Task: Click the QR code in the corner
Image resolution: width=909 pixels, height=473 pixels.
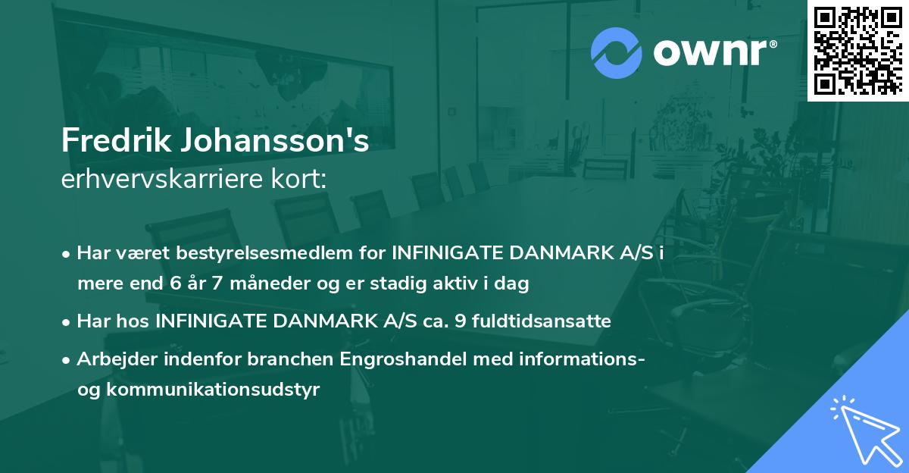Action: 857,50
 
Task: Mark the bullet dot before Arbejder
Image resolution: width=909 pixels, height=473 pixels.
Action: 67,359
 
